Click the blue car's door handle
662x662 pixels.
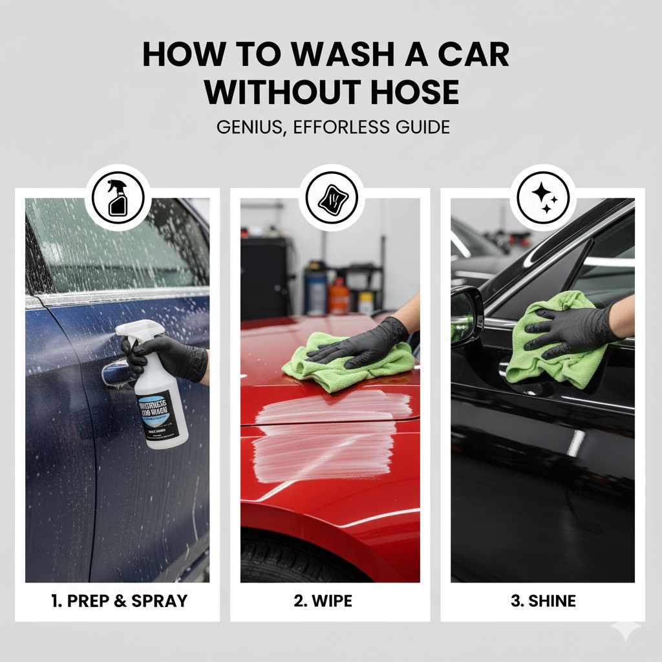(116, 373)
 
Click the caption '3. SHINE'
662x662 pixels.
(543, 601)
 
